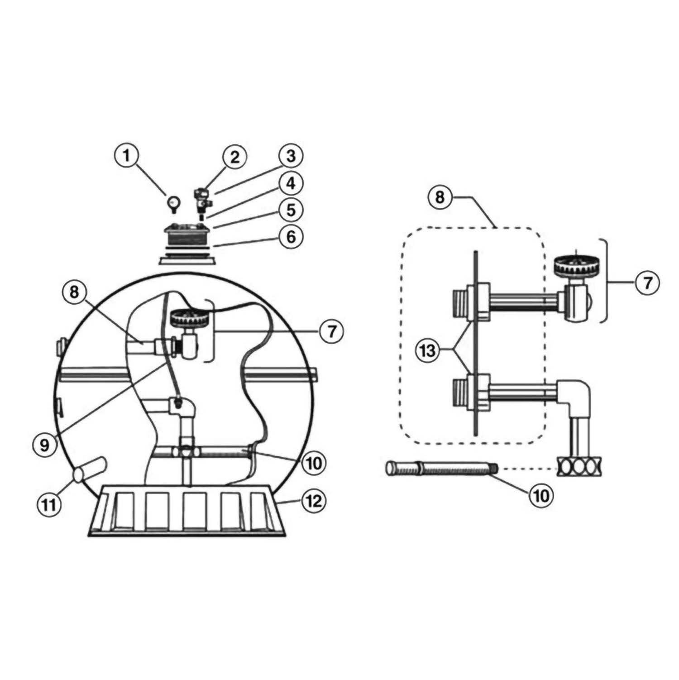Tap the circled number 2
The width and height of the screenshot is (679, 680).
click(234, 157)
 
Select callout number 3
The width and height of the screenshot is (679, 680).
click(291, 156)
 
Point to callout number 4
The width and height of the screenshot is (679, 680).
click(291, 183)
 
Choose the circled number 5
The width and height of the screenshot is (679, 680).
click(291, 210)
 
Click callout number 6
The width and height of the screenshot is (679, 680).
click(291, 236)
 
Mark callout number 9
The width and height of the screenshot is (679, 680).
click(45, 445)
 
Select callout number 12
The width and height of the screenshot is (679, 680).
click(313, 501)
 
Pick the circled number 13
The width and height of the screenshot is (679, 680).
click(428, 350)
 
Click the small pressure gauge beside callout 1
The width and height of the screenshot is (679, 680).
click(174, 203)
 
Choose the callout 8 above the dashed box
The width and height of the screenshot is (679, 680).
click(440, 197)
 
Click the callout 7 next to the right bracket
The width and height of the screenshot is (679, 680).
click(647, 283)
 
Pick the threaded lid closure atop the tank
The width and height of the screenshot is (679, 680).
click(187, 239)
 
